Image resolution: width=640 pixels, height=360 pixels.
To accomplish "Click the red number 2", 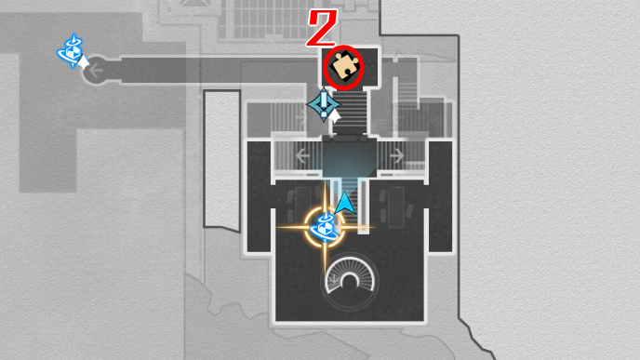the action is (x=322, y=30).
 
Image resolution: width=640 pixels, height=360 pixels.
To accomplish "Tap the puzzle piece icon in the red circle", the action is (x=343, y=67).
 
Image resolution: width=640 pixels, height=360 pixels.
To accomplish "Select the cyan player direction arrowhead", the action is (x=345, y=202).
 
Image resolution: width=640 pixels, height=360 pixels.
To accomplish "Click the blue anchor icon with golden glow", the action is (x=326, y=226).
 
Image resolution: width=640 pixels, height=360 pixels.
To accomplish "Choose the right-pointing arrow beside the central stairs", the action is (x=396, y=155).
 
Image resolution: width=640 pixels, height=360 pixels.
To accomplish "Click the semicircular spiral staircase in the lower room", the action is (x=348, y=281).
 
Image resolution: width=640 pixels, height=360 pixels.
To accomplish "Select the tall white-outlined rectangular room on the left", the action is (x=221, y=158).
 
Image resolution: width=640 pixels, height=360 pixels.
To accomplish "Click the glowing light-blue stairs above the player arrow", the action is (x=345, y=167).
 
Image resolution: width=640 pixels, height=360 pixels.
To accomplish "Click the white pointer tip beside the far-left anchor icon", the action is (x=85, y=63).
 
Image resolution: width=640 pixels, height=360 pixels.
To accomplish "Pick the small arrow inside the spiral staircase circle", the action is (x=331, y=277).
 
